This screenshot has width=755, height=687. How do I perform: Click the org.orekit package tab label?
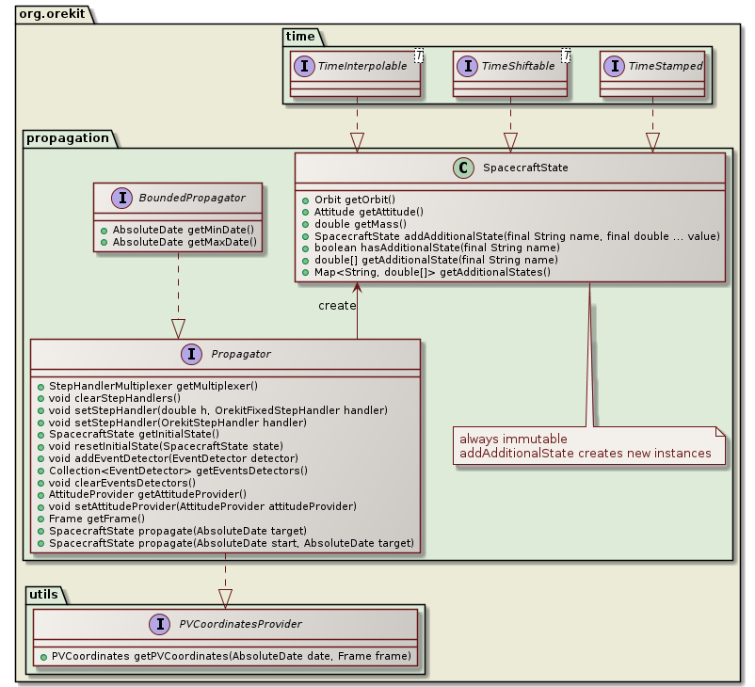tap(48, 10)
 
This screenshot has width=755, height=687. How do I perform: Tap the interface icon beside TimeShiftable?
tap(466, 66)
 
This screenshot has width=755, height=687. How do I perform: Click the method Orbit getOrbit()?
tap(348, 200)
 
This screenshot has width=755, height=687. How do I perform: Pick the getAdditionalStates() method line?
tap(426, 272)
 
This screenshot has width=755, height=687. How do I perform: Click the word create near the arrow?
tap(337, 305)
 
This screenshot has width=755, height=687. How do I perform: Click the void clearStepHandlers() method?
tap(115, 397)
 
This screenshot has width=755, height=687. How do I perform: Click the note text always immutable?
tap(512, 439)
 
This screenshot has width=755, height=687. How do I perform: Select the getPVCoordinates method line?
tap(225, 656)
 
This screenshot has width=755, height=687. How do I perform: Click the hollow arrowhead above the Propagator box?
tap(179, 328)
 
